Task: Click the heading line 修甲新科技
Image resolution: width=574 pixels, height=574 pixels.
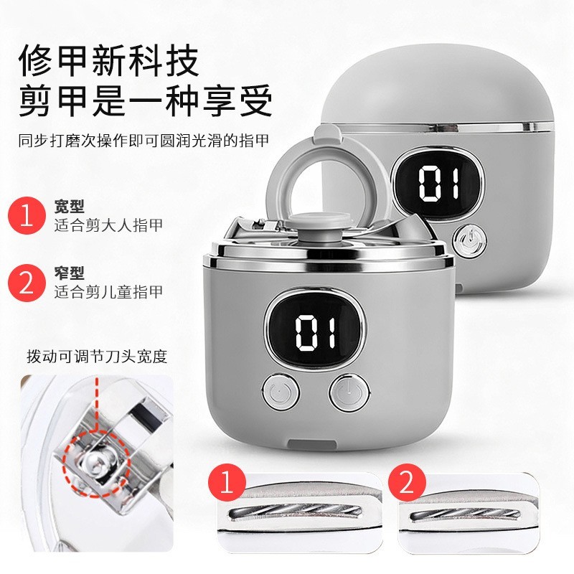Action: (x=108, y=61)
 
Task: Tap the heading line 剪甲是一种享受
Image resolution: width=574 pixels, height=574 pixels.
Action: (x=146, y=101)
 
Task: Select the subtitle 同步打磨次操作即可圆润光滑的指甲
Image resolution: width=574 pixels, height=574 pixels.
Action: (x=143, y=139)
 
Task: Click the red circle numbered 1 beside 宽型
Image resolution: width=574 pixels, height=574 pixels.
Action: (x=27, y=215)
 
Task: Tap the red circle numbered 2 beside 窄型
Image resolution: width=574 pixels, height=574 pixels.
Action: (x=27, y=281)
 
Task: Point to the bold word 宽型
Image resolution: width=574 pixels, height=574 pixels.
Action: (x=70, y=207)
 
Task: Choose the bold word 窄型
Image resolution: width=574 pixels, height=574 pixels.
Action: (x=70, y=273)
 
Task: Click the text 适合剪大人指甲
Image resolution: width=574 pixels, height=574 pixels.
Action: (x=108, y=225)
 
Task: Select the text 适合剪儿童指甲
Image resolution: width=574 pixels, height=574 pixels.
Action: (x=108, y=291)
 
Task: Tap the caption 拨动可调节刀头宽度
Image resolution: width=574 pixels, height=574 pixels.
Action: (x=97, y=356)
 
